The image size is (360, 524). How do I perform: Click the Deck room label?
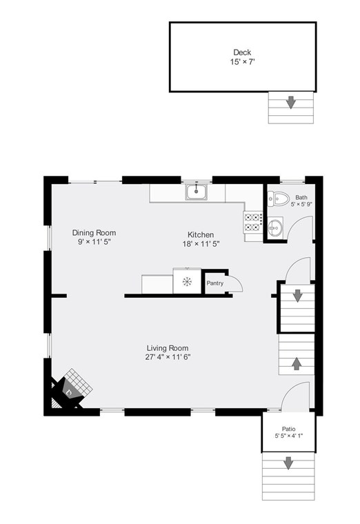[x=241, y=52]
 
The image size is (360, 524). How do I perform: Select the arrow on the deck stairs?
[x=291, y=103]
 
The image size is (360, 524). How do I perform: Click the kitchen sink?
[x=197, y=192]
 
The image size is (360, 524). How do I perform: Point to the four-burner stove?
[x=252, y=221]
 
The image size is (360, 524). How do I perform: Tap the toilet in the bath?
[x=279, y=198]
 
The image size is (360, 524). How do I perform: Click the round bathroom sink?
[x=274, y=225]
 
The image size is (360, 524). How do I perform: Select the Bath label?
[x=301, y=197]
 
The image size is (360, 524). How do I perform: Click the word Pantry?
[x=214, y=283]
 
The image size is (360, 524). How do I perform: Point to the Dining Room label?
[x=94, y=233]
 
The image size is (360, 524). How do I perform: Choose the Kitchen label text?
[x=201, y=234]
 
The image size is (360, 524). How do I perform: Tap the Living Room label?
[x=168, y=347]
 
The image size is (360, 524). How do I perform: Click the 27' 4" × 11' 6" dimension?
[x=168, y=357]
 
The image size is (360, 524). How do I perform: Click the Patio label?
[x=288, y=428]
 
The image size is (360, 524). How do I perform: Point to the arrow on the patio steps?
[x=288, y=463]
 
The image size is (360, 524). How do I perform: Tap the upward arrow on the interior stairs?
[x=297, y=362]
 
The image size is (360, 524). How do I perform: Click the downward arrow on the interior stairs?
[x=297, y=296]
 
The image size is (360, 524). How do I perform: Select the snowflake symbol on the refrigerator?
[x=186, y=281]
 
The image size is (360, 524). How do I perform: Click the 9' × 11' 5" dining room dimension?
[x=94, y=243]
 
